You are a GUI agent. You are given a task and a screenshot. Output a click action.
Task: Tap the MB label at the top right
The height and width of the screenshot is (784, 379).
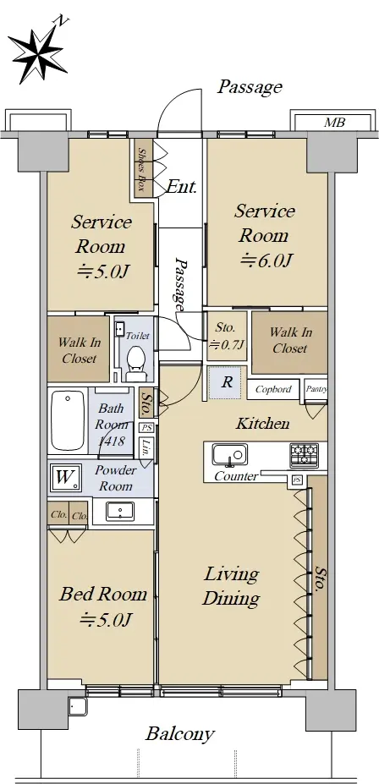[x=334, y=122]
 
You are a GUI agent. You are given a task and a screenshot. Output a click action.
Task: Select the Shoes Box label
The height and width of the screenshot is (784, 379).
[x=141, y=170]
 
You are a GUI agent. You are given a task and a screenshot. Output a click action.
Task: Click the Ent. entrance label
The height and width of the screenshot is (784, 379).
[x=181, y=188]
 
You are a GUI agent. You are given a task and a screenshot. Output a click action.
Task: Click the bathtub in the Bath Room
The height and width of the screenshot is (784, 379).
[x=68, y=420]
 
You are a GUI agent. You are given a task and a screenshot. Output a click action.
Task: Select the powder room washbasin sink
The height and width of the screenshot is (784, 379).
[x=120, y=511]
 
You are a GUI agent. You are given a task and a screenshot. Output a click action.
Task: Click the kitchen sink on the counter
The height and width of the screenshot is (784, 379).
[x=229, y=455]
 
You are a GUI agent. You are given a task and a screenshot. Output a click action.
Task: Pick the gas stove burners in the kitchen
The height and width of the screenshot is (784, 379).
[x=304, y=455]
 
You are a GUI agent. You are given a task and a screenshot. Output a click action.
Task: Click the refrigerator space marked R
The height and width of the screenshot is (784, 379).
[x=227, y=382]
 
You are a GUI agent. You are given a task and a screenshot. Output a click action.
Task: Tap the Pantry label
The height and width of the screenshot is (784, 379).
[x=316, y=388]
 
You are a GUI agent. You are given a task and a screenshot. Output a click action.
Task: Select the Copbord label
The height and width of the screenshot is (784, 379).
[x=273, y=389]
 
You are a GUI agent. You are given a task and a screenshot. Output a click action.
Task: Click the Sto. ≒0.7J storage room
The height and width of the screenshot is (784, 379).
[x=227, y=336]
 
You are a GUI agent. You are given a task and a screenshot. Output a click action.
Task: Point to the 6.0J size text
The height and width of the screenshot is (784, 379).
[x=266, y=260]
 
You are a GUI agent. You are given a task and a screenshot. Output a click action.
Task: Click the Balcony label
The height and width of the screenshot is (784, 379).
[x=180, y=734]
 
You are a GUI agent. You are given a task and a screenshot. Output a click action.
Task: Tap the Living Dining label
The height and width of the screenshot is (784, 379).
[x=231, y=586]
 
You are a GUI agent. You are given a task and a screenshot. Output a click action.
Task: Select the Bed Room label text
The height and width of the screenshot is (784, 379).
[x=103, y=594]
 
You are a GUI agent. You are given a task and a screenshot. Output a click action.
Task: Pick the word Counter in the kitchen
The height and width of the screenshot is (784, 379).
[x=236, y=476]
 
